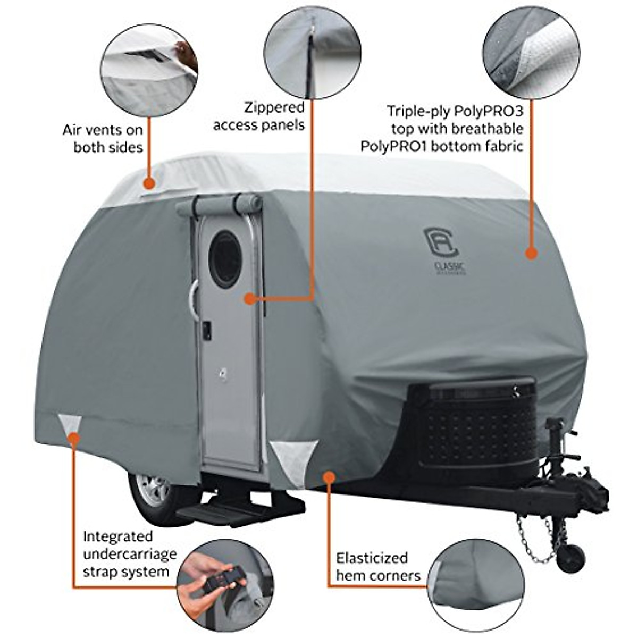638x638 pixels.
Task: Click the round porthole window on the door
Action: [x=226, y=259]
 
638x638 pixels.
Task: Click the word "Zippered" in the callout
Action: [x=274, y=108]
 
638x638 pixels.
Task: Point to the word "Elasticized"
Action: [x=372, y=558]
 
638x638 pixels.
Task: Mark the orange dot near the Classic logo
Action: [x=530, y=253]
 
